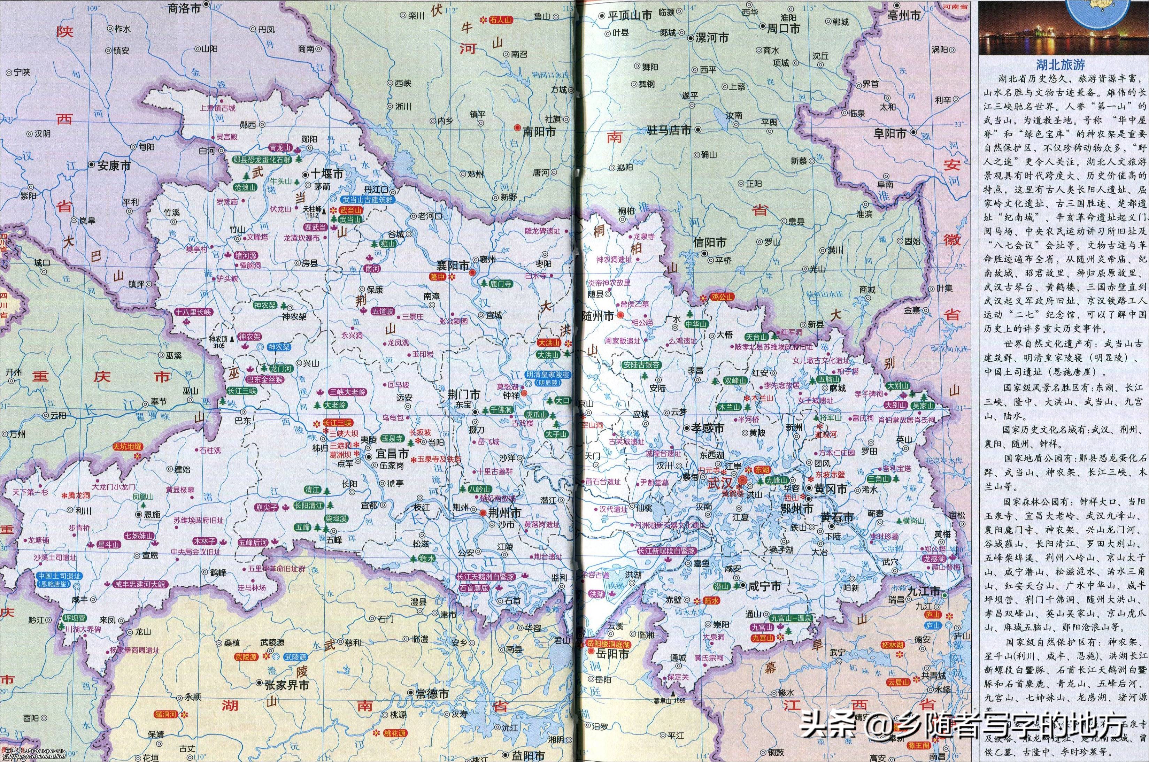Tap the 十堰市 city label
[x=327, y=174]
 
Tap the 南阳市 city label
[x=539, y=132]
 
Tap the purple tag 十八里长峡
[x=194, y=313]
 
